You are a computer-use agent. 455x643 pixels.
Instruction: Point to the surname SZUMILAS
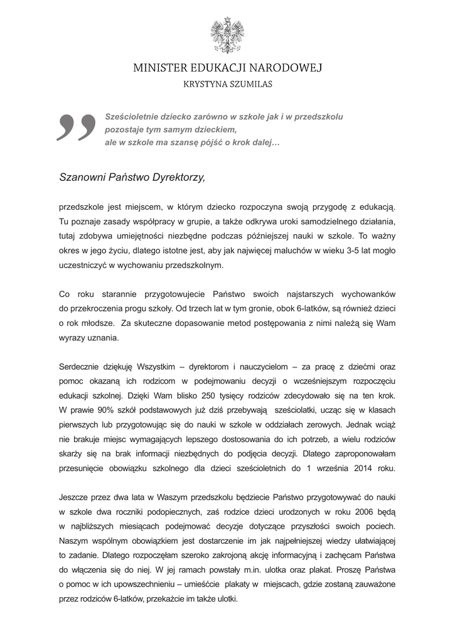pos(252,83)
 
